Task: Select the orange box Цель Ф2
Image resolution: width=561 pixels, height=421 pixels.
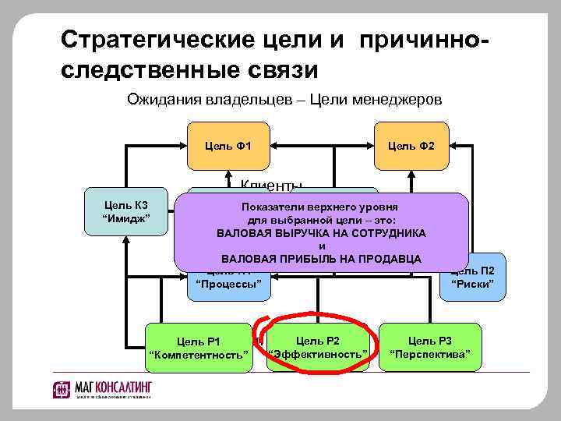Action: [411, 145]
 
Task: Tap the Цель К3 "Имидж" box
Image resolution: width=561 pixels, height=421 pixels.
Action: [126, 210]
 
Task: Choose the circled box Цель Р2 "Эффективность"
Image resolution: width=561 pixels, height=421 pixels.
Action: [318, 348]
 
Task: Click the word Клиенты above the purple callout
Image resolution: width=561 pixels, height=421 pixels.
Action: [271, 185]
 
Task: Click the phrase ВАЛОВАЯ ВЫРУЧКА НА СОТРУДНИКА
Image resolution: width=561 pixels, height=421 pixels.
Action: [321, 233]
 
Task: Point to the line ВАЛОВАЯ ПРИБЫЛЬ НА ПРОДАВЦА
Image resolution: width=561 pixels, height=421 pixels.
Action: [321, 258]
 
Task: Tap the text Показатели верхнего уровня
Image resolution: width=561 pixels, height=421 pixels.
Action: [320, 207]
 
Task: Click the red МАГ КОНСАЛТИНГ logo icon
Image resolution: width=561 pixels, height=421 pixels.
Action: [62, 389]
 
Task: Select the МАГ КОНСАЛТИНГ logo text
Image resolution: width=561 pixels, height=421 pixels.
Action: [114, 387]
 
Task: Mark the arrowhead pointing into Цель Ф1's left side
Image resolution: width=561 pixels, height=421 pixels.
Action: [185, 145]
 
